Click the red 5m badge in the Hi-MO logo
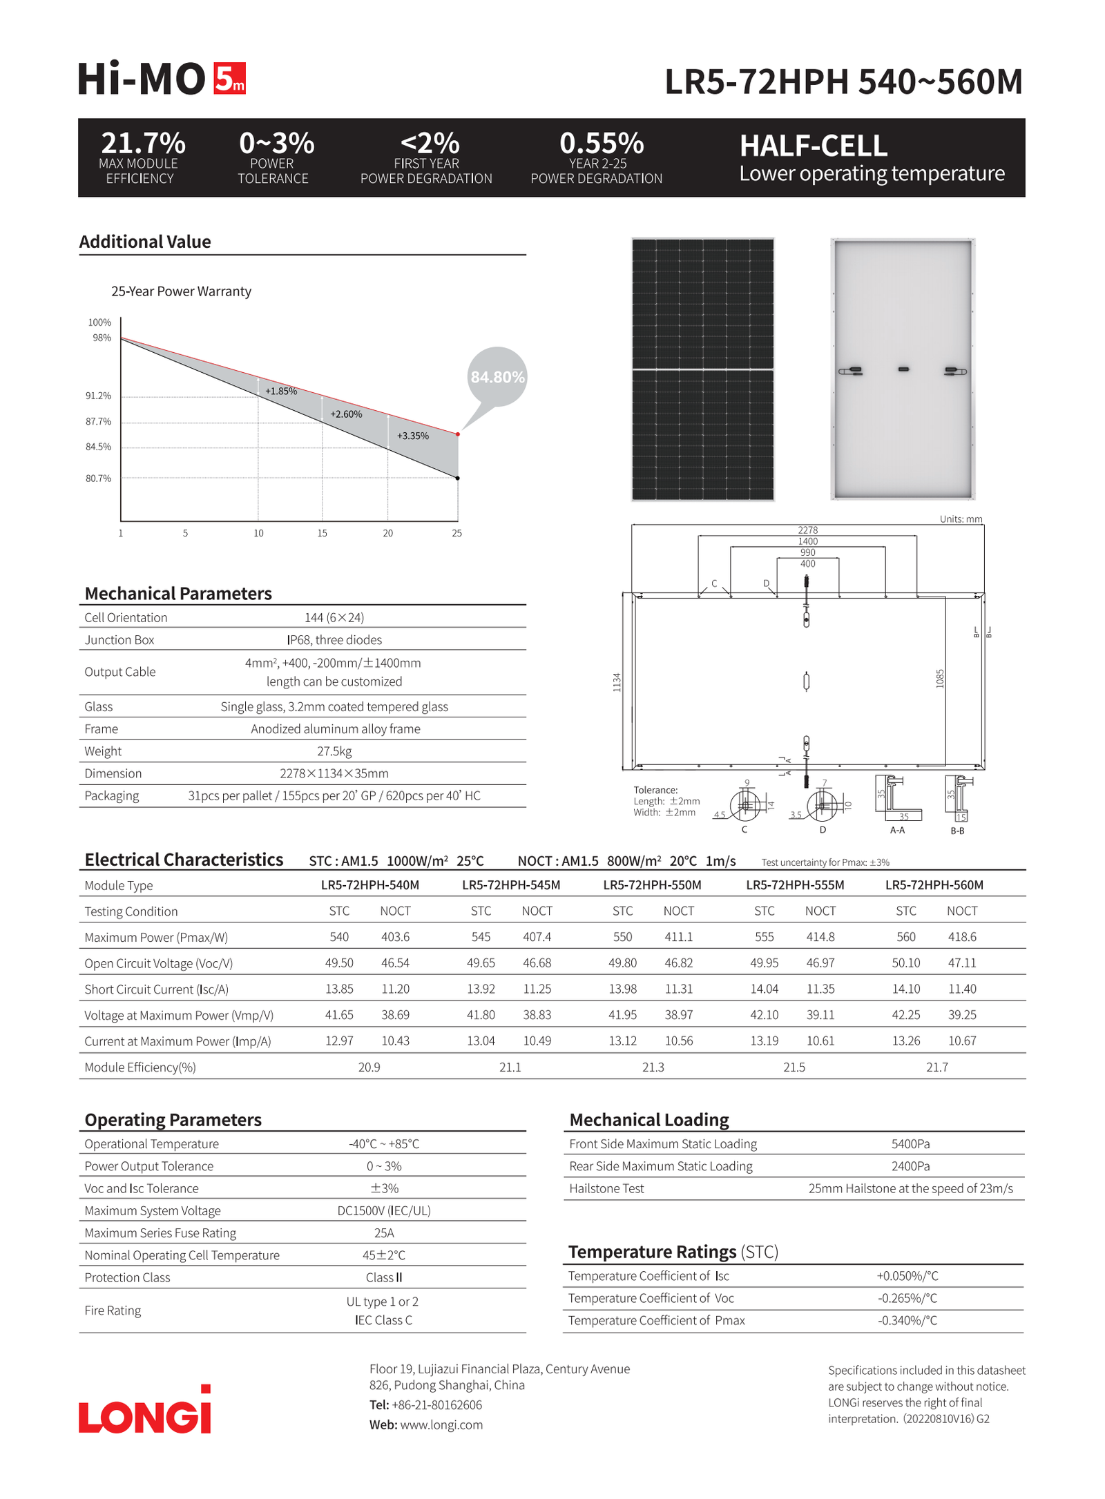(x=229, y=78)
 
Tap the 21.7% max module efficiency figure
(x=143, y=143)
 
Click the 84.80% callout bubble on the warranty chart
(x=497, y=377)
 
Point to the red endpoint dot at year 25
(x=458, y=434)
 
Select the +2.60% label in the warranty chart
(x=346, y=414)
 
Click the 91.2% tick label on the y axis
(x=98, y=396)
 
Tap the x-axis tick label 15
(x=323, y=533)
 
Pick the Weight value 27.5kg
(x=334, y=751)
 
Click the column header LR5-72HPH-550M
(x=652, y=885)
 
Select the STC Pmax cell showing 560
(x=905, y=937)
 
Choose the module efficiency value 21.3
(x=653, y=1067)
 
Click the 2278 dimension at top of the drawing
(x=807, y=530)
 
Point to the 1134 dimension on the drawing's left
(x=617, y=682)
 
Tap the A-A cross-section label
(x=897, y=830)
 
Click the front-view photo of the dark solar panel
(x=702, y=369)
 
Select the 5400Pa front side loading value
(x=910, y=1144)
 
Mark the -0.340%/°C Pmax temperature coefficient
(x=907, y=1321)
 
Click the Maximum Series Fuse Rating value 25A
(x=384, y=1233)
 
